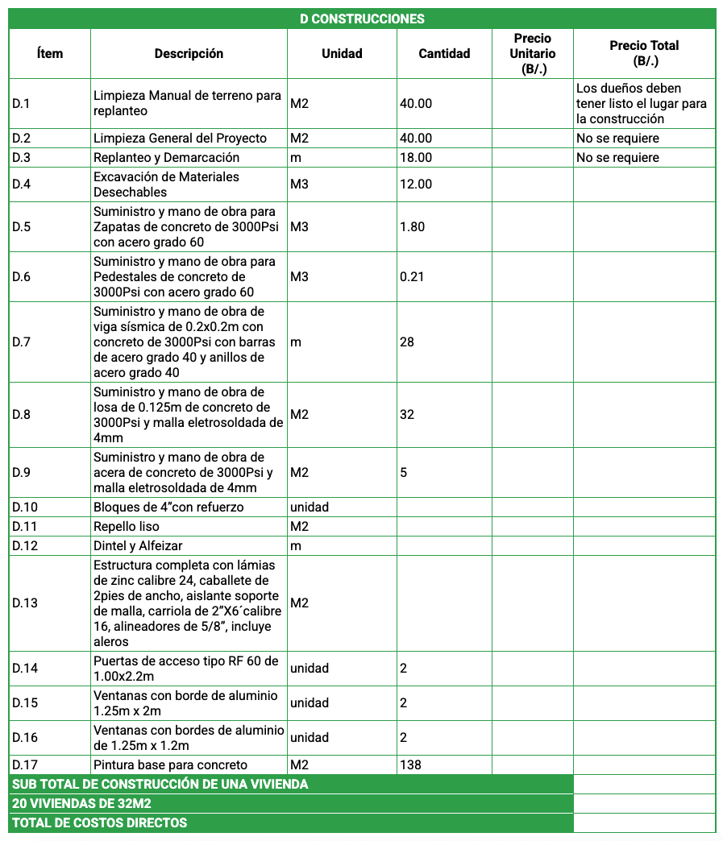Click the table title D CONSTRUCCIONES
tap(362, 19)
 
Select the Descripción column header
tap(189, 53)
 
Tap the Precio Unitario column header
tap(532, 53)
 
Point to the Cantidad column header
tap(444, 53)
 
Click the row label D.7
tap(22, 342)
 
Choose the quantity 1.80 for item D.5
tap(412, 226)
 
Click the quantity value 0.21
tap(412, 276)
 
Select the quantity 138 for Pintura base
tap(410, 764)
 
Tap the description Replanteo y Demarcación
tap(166, 157)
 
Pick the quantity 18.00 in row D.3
tap(416, 157)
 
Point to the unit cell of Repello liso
tap(299, 526)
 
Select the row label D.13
tap(25, 603)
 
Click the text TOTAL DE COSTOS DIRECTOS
tap(100, 822)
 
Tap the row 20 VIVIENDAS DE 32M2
tap(82, 803)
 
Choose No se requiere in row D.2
tap(617, 138)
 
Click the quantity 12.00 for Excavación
tap(416, 184)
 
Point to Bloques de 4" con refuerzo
tap(168, 507)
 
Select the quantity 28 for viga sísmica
tap(407, 342)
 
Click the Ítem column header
tap(50, 53)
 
